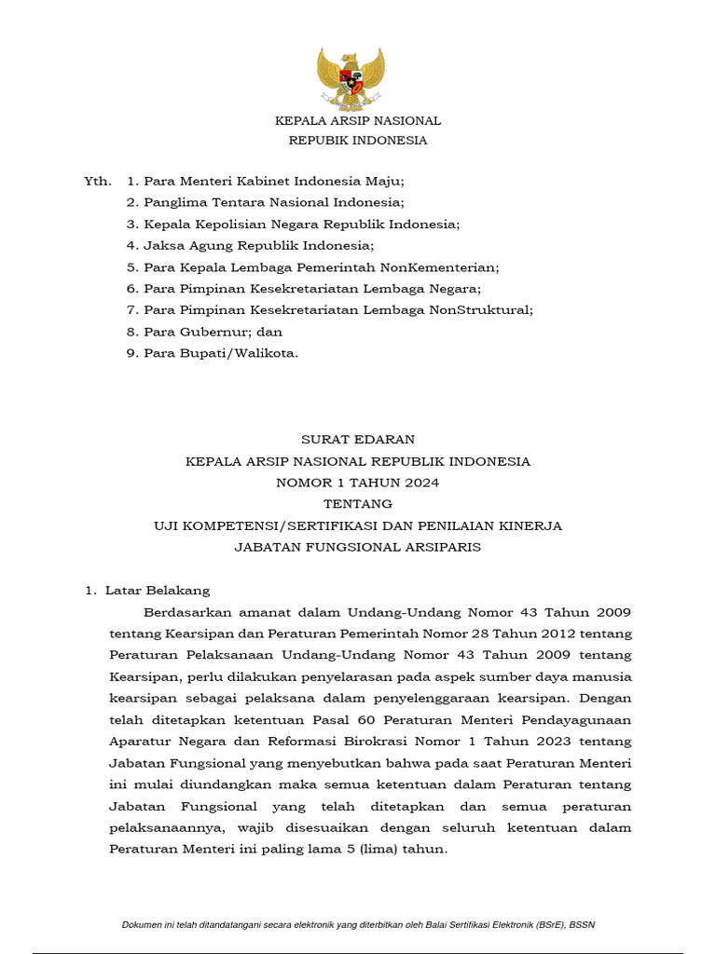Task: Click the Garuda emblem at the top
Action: click(x=351, y=78)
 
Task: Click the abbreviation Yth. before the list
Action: click(x=98, y=180)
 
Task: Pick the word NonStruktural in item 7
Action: click(x=483, y=310)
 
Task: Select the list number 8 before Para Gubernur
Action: click(x=132, y=332)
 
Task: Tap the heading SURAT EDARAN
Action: click(x=358, y=439)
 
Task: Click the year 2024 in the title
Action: click(x=420, y=483)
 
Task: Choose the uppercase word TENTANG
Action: click(x=358, y=504)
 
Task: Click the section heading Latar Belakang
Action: click(x=158, y=591)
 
